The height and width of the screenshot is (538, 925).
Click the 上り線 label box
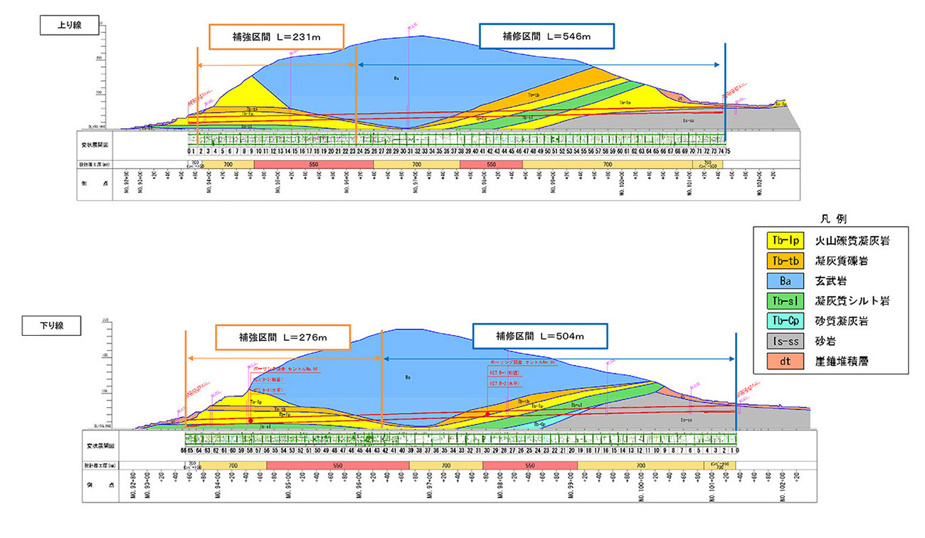(60, 23)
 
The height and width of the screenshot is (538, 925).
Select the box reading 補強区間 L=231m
(276, 37)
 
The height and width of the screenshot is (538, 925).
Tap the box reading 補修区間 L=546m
(546, 36)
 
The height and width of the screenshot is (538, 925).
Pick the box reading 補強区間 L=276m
(283, 337)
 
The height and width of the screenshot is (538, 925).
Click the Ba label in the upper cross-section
(396, 78)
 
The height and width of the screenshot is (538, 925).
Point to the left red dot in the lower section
(251, 421)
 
